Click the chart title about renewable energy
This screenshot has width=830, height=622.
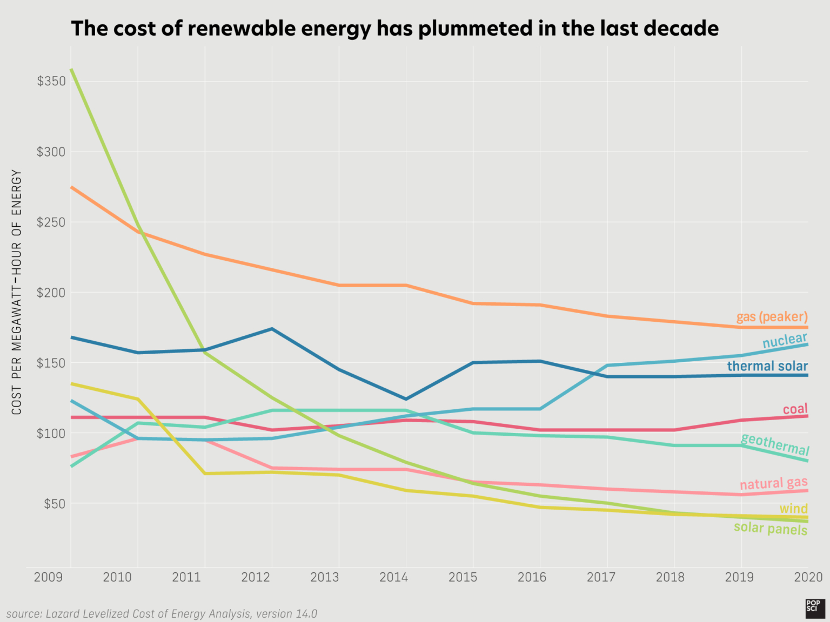tap(394, 28)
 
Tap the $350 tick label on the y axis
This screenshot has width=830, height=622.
tap(51, 81)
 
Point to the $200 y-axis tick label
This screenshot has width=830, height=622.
tap(51, 293)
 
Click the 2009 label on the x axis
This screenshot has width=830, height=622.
tap(48, 577)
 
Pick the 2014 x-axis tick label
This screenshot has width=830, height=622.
tap(393, 577)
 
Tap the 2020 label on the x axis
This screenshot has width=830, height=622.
tap(808, 577)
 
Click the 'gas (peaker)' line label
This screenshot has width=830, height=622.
tap(772, 316)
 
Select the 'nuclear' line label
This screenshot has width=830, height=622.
tap(784, 340)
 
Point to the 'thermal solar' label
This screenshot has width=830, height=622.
tap(767, 366)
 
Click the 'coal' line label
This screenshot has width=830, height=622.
tap(795, 409)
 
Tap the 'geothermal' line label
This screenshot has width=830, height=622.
tap(774, 444)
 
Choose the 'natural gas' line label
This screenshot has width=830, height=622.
tap(773, 483)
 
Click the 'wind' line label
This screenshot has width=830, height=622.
tap(793, 509)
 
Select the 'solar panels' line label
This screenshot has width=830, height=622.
tap(770, 528)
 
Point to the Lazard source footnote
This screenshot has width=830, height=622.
tap(162, 614)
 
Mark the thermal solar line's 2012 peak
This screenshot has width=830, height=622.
tap(272, 328)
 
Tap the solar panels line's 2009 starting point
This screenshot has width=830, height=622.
tap(72, 69)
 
